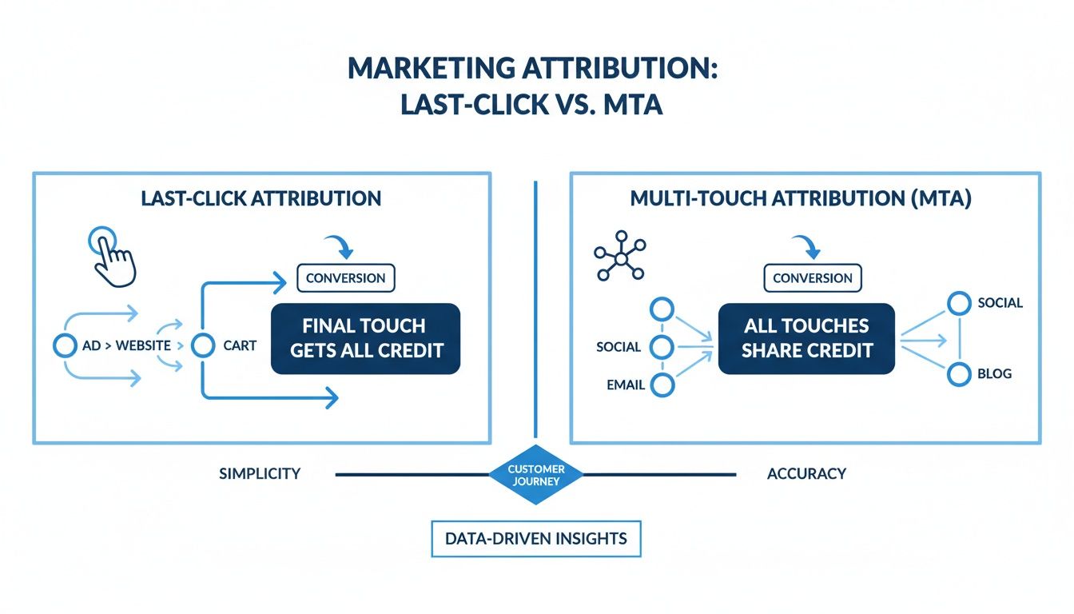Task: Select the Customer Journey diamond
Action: click(x=536, y=475)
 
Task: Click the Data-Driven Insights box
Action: click(x=536, y=539)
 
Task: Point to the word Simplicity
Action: click(x=260, y=473)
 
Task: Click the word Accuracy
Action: click(x=806, y=473)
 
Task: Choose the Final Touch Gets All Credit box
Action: click(x=366, y=338)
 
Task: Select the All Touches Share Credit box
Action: click(x=807, y=338)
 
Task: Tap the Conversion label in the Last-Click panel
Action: click(x=345, y=278)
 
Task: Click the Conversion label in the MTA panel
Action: click(x=813, y=278)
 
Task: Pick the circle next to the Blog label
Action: click(x=958, y=373)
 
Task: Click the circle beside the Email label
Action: click(x=663, y=385)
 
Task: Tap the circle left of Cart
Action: click(x=204, y=346)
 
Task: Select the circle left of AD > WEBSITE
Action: click(x=64, y=346)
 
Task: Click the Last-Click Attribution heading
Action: click(x=261, y=198)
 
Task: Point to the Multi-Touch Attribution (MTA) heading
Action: click(x=801, y=198)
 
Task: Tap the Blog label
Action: click(x=994, y=373)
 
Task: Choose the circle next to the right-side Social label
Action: click(x=958, y=303)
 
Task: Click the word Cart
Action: click(x=241, y=346)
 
